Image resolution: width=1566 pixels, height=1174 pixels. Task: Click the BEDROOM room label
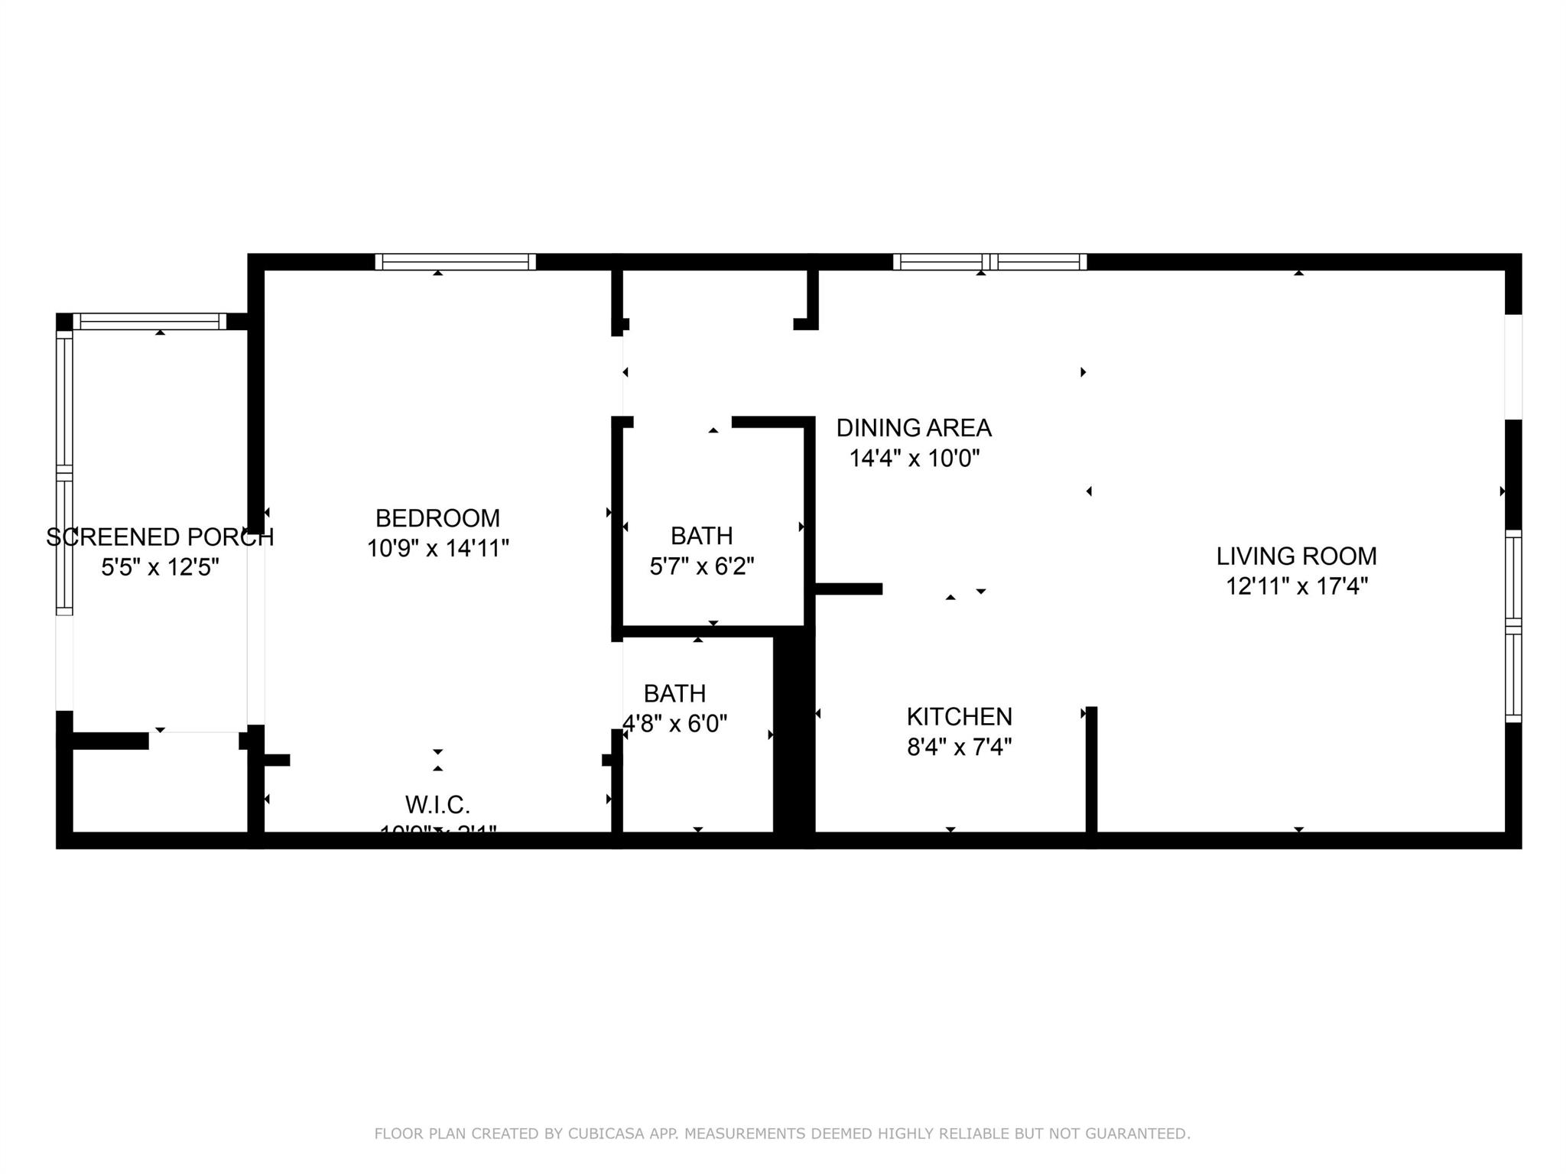pyautogui.click(x=437, y=518)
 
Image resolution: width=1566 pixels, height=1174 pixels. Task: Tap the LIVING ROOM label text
pyautogui.click(x=1296, y=556)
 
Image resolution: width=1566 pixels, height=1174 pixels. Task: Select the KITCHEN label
pyautogui.click(x=959, y=717)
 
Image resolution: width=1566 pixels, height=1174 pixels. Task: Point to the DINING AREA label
pyautogui.click(x=914, y=428)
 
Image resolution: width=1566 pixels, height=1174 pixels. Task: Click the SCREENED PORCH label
pyautogui.click(x=160, y=537)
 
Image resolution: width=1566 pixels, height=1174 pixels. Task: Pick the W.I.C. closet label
pyautogui.click(x=437, y=805)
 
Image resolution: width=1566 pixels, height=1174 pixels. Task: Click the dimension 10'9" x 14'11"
pyautogui.click(x=437, y=549)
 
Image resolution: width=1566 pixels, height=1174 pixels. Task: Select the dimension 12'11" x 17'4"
pyautogui.click(x=1296, y=586)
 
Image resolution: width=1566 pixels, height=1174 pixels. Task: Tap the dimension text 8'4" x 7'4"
pyautogui.click(x=959, y=747)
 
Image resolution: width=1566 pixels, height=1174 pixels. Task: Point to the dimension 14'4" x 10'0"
pyautogui.click(x=914, y=459)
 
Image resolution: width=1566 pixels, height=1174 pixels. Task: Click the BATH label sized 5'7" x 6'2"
pyautogui.click(x=701, y=536)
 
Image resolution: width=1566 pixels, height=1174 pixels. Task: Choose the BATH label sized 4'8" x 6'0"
pyautogui.click(x=674, y=694)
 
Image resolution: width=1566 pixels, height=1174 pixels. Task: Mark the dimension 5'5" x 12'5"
pyautogui.click(x=160, y=568)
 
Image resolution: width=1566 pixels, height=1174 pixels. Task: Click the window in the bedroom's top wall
pyautogui.click(x=455, y=262)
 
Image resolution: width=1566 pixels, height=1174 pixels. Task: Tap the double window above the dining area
pyautogui.click(x=989, y=262)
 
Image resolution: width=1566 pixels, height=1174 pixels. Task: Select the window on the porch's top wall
pyautogui.click(x=150, y=322)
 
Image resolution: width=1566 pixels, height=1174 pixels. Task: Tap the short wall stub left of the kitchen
pyautogui.click(x=849, y=589)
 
